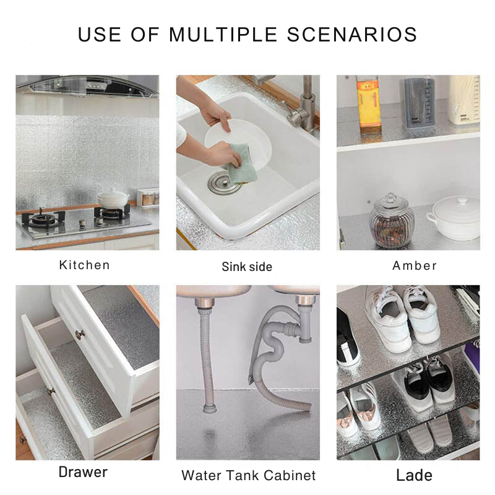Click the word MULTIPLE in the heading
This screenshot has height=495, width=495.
pos(223,35)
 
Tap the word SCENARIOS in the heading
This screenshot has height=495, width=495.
pos(352,35)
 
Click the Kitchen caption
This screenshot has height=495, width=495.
pos(84,265)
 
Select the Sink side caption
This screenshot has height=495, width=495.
pos(247,267)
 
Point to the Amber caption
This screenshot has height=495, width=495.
pos(415,265)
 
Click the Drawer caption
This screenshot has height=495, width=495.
pos(83,472)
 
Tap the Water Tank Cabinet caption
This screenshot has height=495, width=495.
pos(249,475)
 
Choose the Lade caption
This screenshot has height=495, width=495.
pos(414,475)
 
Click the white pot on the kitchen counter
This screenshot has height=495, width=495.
pos(113,198)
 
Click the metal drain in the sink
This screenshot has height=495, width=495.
pos(222,183)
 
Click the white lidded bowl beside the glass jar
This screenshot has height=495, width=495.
pos(454,218)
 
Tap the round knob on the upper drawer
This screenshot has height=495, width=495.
pos(80,334)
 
